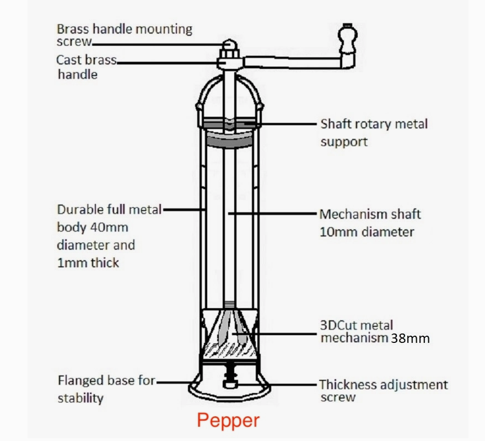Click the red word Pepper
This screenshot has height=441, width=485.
pyautogui.click(x=228, y=421)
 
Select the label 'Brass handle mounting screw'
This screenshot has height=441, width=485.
pyautogui.click(x=125, y=34)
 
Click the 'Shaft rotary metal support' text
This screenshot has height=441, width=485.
pyautogui.click(x=374, y=132)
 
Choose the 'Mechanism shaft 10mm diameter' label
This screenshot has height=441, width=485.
pyautogui.click(x=370, y=222)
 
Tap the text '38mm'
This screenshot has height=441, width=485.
pyautogui.click(x=410, y=338)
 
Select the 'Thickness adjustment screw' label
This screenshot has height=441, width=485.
pyautogui.click(x=384, y=390)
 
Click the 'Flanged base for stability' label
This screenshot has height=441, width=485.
pyautogui.click(x=106, y=389)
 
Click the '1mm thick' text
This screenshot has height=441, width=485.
pyautogui.click(x=88, y=263)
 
